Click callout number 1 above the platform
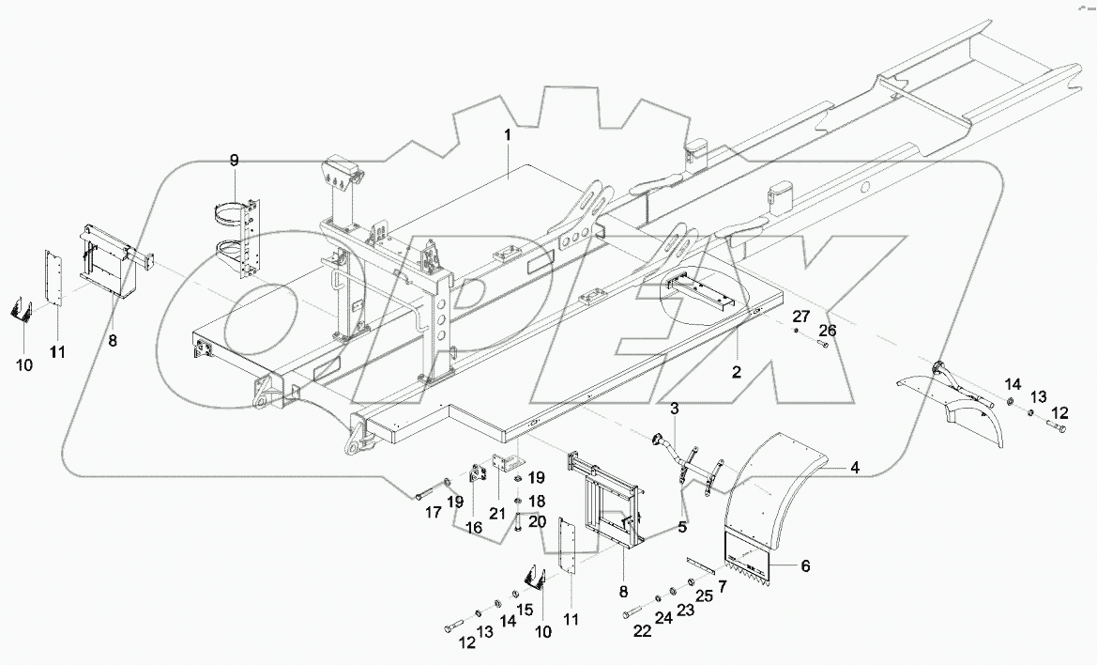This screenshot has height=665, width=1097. coord(507,135)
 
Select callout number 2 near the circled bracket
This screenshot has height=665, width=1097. coord(737,372)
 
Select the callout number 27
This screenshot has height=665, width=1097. coord(799,316)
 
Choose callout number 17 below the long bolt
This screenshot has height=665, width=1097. coord(434,512)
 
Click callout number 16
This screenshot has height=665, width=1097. coord(475,529)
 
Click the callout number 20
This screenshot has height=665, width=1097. coord(538,522)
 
